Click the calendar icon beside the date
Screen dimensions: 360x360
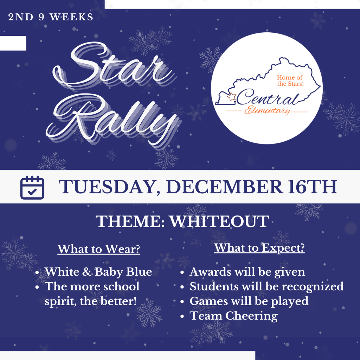pyautogui.click(x=32, y=187)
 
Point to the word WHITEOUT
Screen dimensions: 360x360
pyautogui.click(x=219, y=222)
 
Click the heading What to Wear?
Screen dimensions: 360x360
pyautogui.click(x=99, y=249)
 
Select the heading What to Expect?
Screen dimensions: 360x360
pyautogui.click(x=259, y=248)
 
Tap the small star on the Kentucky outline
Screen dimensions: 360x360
pyautogui.click(x=232, y=97)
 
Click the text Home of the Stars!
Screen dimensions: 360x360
pyautogui.click(x=290, y=81)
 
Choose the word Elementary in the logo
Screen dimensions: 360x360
pyautogui.click(x=268, y=111)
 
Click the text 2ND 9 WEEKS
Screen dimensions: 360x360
pyautogui.click(x=51, y=17)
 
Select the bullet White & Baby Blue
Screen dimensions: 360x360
pyautogui.click(x=98, y=272)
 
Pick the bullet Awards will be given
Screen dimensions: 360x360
pyautogui.click(x=247, y=272)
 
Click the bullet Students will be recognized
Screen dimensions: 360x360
pyautogui.click(x=266, y=287)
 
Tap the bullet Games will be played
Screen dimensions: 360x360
pyautogui.click(x=249, y=301)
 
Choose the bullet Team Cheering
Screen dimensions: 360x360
pyautogui.click(x=233, y=316)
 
